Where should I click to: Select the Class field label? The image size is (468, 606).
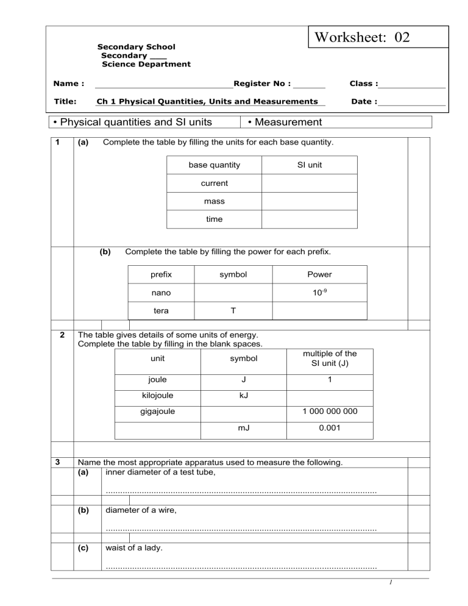[363, 84]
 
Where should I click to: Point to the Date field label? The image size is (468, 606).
[364, 102]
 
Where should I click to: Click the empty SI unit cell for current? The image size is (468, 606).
[310, 183]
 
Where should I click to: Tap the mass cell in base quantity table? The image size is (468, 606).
[214, 201]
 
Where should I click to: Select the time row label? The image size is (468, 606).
[214, 219]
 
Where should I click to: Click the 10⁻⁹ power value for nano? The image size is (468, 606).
[319, 293]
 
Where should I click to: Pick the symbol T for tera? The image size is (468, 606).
[233, 310]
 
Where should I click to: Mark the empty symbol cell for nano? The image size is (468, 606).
[233, 293]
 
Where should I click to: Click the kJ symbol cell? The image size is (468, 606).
[244, 396]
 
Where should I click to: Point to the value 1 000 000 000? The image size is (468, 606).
[329, 412]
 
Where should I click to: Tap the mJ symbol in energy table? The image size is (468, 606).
[244, 429]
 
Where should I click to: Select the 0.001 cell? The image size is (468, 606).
[329, 429]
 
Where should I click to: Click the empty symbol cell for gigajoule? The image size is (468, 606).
[244, 412]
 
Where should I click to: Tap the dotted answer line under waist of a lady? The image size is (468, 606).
[241, 568]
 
